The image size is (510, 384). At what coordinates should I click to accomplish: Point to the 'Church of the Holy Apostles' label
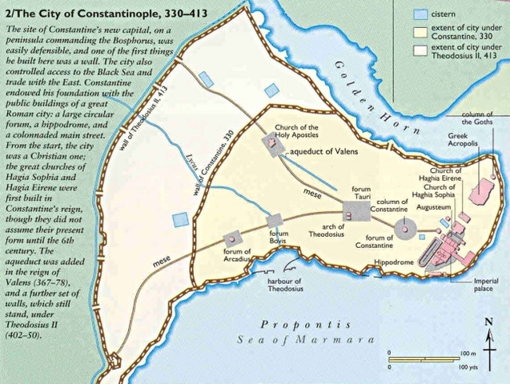297,132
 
